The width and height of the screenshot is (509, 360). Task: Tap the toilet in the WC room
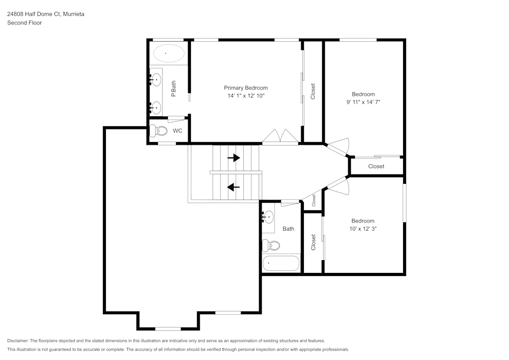[x=160, y=131]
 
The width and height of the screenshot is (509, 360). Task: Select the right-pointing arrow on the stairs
[x=234, y=158]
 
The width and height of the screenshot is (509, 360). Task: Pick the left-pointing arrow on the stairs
[x=233, y=187]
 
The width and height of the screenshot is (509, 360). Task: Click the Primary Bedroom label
[x=246, y=88]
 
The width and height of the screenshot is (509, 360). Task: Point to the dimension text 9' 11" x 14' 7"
[x=363, y=102]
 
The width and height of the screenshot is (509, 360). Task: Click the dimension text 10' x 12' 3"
[x=363, y=229]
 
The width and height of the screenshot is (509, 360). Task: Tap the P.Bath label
[x=174, y=90]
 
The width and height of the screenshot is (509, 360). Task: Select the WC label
[x=178, y=131]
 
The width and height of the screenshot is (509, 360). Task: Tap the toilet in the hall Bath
[x=271, y=245]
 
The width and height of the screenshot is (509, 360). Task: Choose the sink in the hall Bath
[x=268, y=217]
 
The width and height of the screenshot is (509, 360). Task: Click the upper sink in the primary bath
[x=156, y=80]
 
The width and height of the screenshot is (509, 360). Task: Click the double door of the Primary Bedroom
[x=280, y=136]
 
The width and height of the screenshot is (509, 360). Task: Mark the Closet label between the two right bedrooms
[x=376, y=167]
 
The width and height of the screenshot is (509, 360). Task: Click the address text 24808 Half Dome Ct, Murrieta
[x=46, y=14]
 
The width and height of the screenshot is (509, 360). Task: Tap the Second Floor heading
[x=24, y=23]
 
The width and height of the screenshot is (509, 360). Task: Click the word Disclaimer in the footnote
[x=18, y=341]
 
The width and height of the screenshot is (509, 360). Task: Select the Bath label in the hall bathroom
[x=289, y=229]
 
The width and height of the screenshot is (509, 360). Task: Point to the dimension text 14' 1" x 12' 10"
[x=246, y=96]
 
